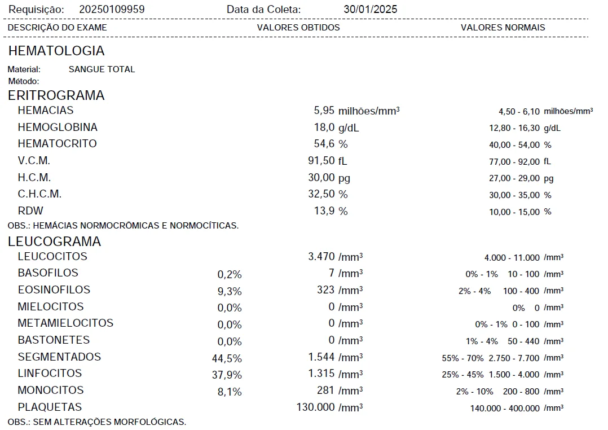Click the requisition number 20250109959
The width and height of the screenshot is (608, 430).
pos(112,10)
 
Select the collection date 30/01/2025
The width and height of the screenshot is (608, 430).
pos(370,10)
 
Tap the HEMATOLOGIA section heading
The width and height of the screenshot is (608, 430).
pos(56,51)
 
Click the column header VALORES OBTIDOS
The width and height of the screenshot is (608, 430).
pos(298,28)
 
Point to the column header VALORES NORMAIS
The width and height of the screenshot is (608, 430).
pos(503,28)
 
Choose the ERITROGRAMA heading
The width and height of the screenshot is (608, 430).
pos(56,95)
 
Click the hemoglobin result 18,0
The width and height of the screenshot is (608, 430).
pos(324,128)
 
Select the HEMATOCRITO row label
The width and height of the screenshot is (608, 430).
pos(57,144)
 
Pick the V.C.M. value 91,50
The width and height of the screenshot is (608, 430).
pos(321,161)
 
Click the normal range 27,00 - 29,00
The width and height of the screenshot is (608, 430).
pos(514,179)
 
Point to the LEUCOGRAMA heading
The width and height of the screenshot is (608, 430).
pos(55,242)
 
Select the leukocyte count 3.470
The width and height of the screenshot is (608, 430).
pos(321,257)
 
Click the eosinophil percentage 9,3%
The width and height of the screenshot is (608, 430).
pos(230,292)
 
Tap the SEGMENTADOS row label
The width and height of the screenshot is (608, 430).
pos(59,357)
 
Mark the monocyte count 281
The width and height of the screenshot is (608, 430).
pos(327,390)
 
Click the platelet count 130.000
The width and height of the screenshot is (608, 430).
pos(315,407)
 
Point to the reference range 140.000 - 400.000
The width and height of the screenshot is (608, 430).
pos(505,409)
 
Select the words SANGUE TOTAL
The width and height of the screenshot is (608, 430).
pos(102,69)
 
